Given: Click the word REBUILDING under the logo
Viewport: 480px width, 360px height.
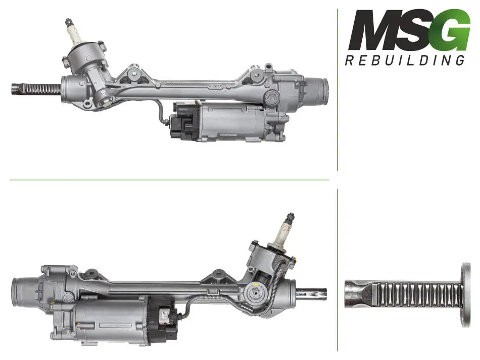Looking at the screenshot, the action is pos(405,60).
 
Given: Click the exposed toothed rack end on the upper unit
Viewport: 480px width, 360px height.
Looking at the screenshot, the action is pos(36,89).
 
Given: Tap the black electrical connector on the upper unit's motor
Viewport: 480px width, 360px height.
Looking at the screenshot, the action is pos(184,121).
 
